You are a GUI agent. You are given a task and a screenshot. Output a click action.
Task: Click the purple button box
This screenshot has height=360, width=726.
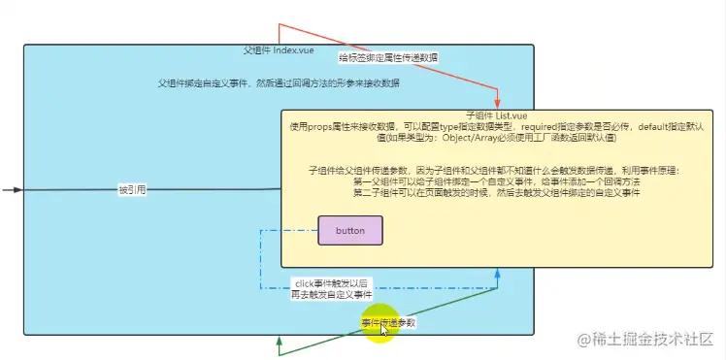[350, 230]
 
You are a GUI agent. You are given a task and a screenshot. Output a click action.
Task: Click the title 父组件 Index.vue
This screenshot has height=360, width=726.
[277, 49]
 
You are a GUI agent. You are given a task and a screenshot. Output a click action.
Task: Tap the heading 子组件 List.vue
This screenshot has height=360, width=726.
[496, 115]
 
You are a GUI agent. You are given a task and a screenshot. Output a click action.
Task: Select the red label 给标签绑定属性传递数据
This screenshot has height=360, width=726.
[388, 58]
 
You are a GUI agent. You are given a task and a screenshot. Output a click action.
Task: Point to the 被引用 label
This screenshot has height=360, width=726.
[132, 190]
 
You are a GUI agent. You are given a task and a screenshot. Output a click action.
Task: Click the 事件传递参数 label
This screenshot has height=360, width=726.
[388, 323]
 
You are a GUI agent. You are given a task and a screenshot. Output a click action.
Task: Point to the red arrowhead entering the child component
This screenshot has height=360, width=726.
[497, 105]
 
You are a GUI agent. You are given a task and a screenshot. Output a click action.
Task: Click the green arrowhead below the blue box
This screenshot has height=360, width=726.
[280, 341]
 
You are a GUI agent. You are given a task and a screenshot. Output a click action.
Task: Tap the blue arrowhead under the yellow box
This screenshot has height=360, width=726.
[497, 274]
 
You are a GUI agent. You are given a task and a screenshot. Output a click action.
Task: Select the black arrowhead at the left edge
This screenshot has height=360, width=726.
[16, 189]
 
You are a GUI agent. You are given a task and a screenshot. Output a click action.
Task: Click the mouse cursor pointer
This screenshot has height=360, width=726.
[385, 330]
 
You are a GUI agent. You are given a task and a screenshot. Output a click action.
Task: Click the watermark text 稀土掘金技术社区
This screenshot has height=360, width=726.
[654, 339]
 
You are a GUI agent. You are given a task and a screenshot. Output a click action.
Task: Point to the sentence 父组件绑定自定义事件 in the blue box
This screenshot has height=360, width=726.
[280, 84]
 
